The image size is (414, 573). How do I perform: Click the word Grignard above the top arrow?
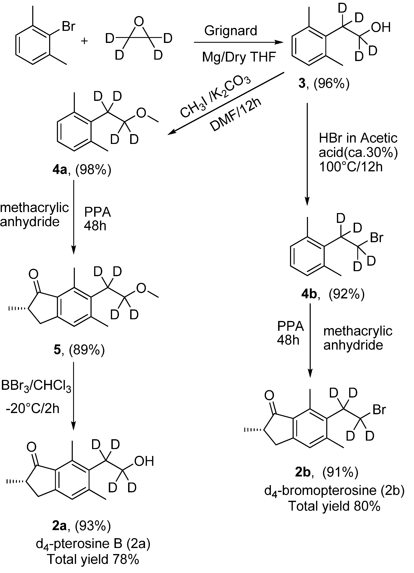pos(231,31)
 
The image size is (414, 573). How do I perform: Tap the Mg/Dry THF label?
pos(239,57)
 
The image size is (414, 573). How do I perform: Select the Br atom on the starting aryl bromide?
pos(68,26)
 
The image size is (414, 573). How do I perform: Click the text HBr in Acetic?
pos(358,138)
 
